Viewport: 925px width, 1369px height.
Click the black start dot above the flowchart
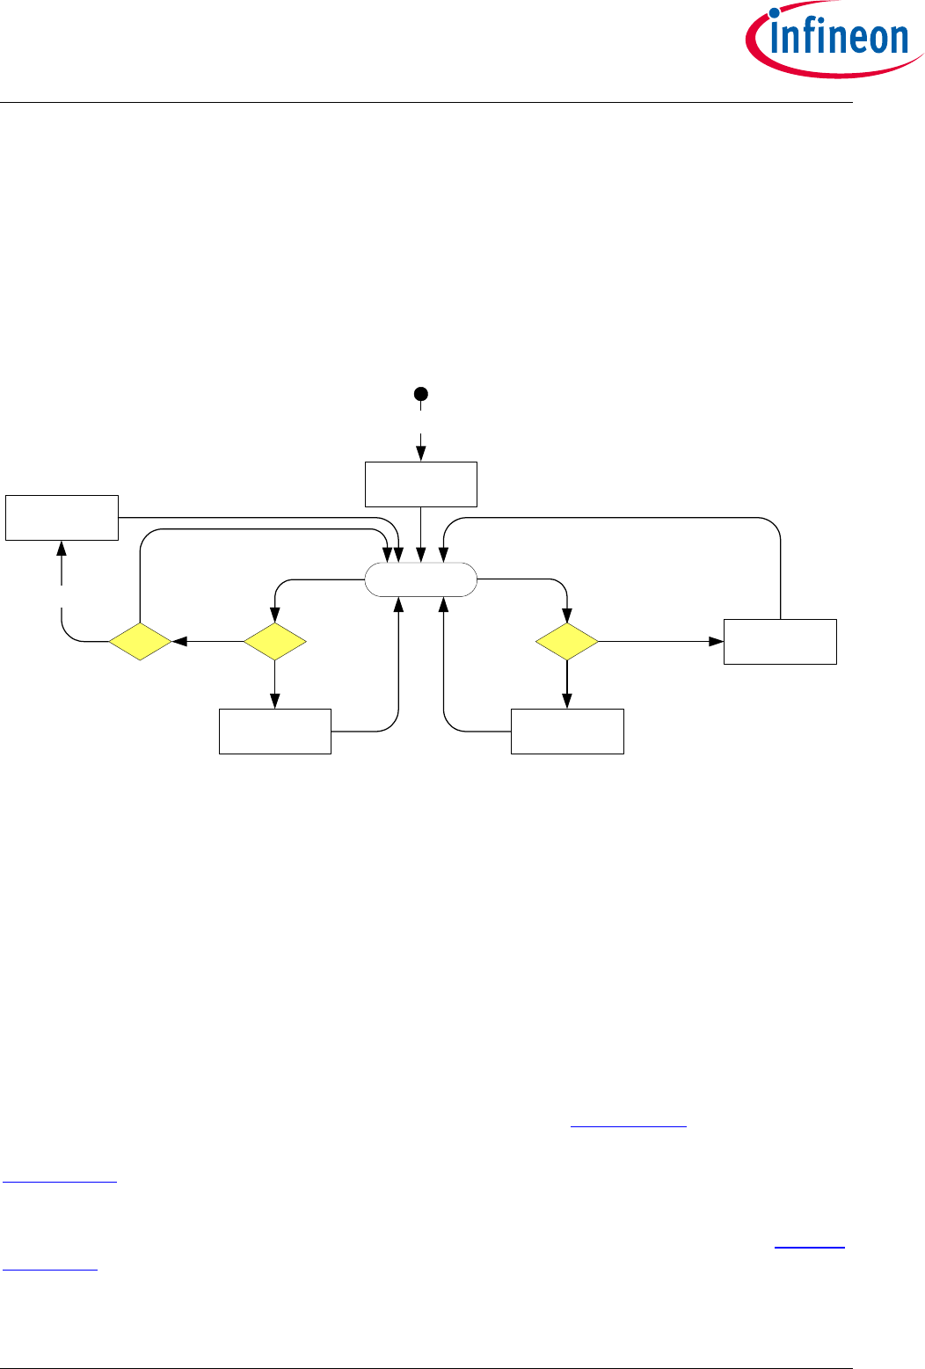[x=421, y=394]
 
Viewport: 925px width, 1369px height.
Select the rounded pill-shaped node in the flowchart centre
[x=421, y=580]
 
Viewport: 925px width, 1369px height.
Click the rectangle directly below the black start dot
[x=421, y=484]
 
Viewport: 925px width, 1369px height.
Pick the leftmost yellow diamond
[x=140, y=642]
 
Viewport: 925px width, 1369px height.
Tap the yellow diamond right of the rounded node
[x=567, y=642]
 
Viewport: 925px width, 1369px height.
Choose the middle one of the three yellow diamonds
[x=274, y=642]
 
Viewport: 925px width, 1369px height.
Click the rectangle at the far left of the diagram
[x=62, y=518]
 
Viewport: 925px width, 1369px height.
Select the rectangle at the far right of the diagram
[x=780, y=642]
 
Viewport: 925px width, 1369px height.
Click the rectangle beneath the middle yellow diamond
[x=275, y=731]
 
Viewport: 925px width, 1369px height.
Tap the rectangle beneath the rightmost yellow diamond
[x=567, y=731]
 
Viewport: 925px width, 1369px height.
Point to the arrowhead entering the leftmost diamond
[x=178, y=642]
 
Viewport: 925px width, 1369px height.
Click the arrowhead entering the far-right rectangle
[x=717, y=642]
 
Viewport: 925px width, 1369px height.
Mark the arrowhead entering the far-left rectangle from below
[x=62, y=547]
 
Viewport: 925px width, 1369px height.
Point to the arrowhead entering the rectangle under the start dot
[x=421, y=455]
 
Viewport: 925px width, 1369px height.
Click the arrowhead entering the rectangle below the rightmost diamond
[x=567, y=702]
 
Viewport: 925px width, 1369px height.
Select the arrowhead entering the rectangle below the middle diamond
[x=275, y=702]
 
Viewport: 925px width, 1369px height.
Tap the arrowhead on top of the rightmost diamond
[x=567, y=615]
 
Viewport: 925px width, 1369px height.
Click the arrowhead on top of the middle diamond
[x=274, y=615]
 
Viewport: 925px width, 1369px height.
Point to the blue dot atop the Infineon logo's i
[x=776, y=13]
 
